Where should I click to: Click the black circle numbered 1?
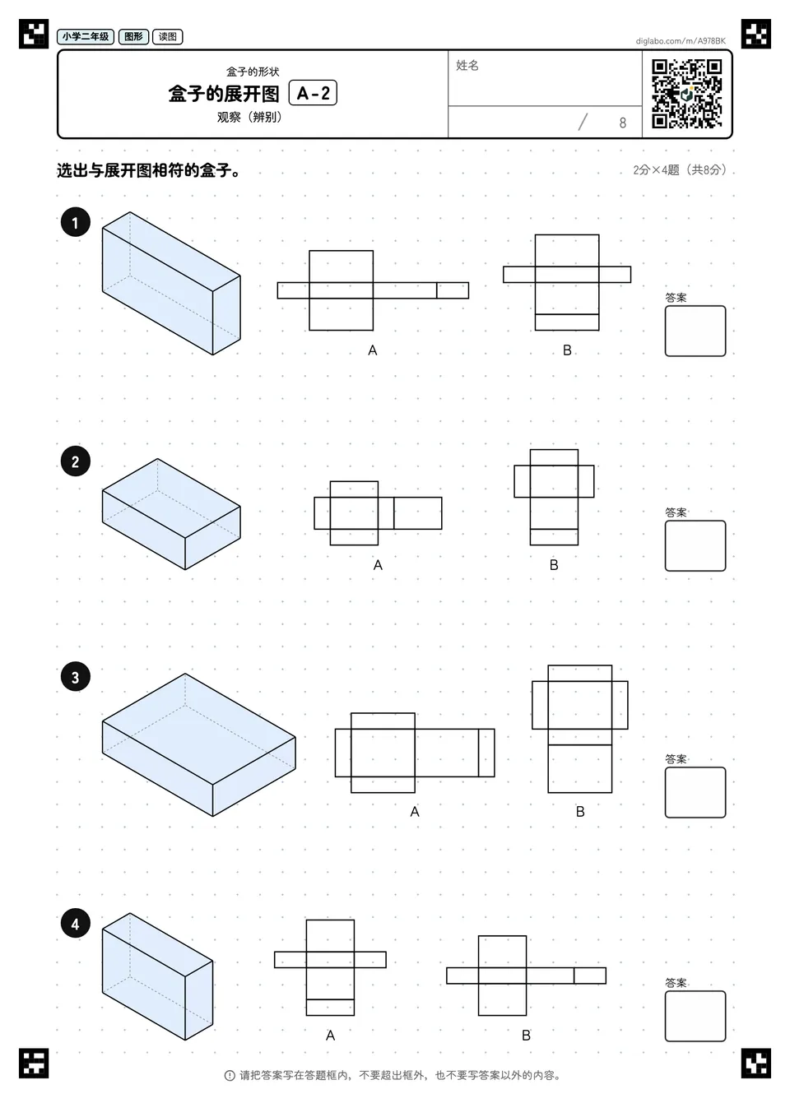(76, 222)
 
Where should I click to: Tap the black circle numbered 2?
(76, 461)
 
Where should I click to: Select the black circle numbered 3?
(76, 677)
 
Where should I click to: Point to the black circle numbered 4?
(76, 924)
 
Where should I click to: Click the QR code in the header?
(687, 94)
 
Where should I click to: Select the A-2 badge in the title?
(314, 93)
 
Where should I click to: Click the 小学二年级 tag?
(86, 36)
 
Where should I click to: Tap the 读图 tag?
(168, 36)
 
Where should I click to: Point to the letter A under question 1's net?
(373, 350)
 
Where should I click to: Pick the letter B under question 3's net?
(580, 812)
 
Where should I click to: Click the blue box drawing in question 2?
(171, 513)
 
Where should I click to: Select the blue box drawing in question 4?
(158, 976)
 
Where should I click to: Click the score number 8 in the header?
(622, 123)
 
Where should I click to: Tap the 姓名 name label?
(467, 65)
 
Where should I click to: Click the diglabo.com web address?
(681, 41)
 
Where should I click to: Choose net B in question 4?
(526, 976)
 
